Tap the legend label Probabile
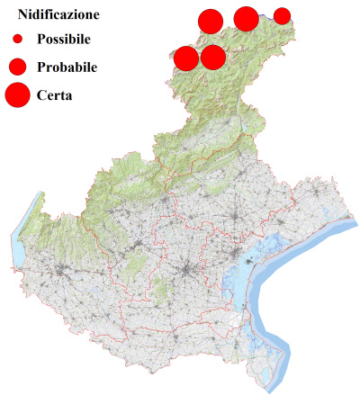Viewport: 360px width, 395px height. click(67, 67)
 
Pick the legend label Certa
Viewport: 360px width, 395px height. click(55, 94)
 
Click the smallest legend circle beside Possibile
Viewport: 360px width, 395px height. click(17, 40)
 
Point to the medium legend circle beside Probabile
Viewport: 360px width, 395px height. click(17, 66)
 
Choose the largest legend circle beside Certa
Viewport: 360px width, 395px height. click(17, 94)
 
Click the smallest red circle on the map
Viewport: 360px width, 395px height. click(282, 15)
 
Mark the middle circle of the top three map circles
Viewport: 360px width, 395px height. click(246, 18)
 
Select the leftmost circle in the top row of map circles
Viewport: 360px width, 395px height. click(210, 21)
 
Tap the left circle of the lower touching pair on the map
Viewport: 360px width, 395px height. click(186, 58)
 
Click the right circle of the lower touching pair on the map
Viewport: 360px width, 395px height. click(213, 58)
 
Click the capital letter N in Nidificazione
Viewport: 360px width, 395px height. click(22, 15)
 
